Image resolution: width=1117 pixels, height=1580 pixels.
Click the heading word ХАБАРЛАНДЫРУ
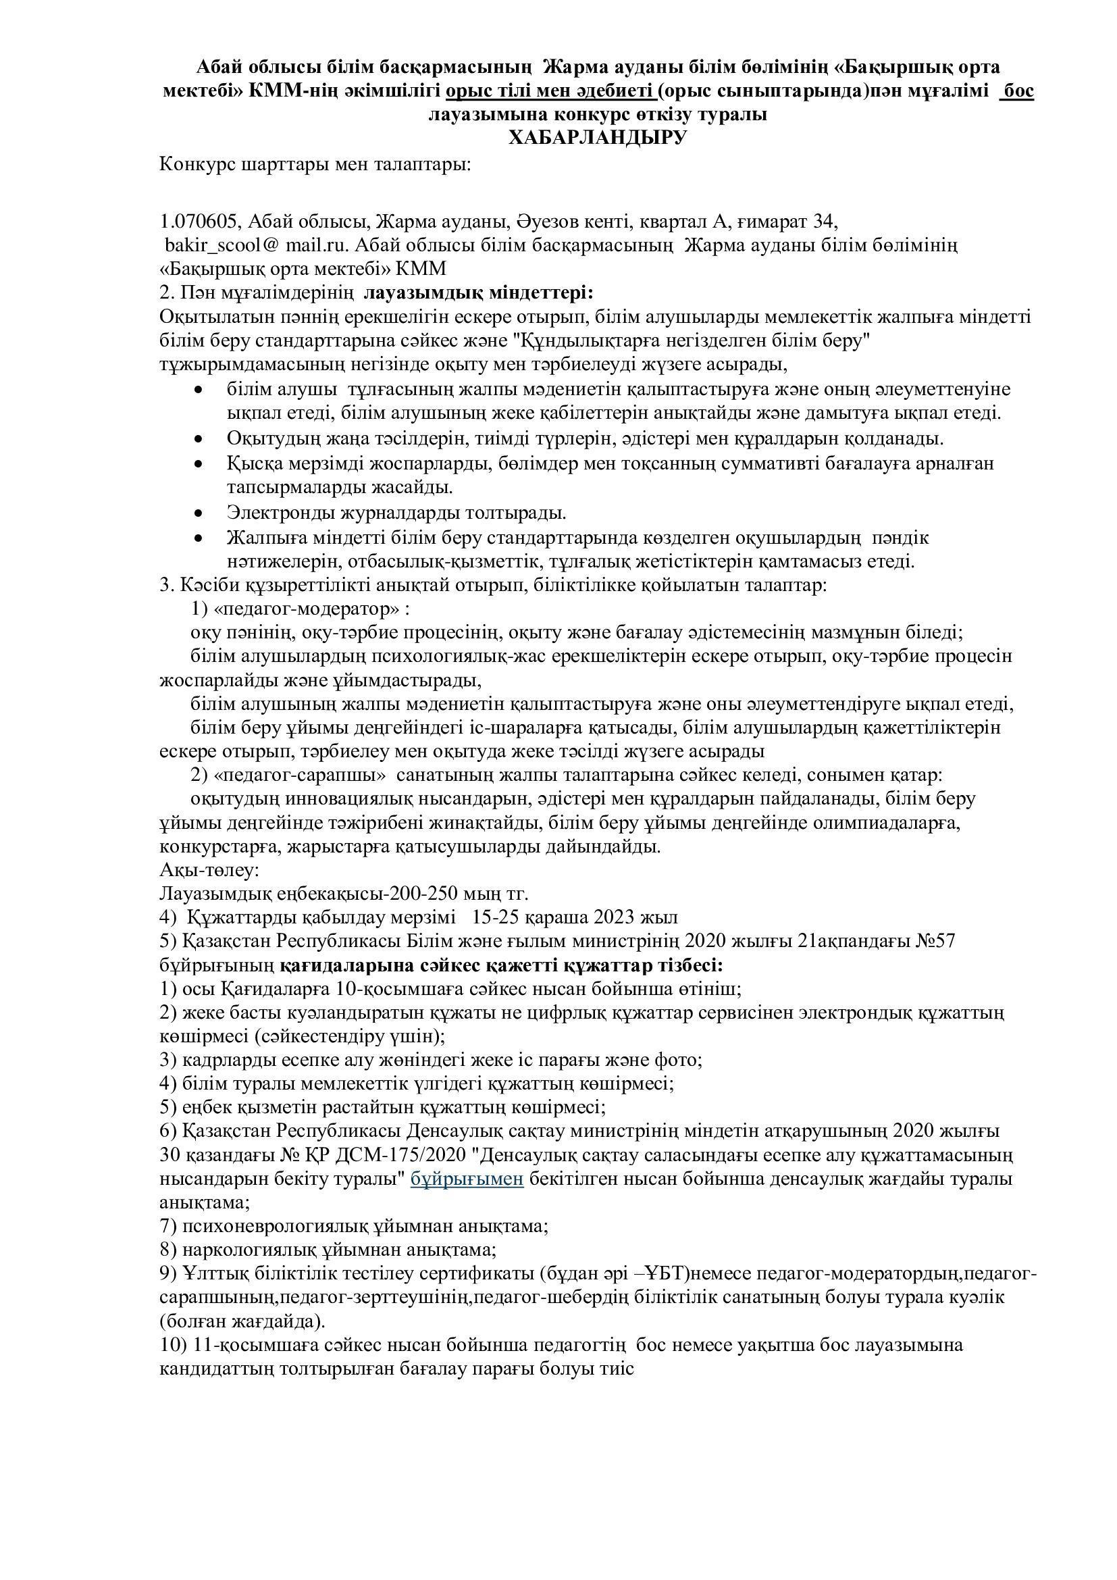pyautogui.click(x=597, y=138)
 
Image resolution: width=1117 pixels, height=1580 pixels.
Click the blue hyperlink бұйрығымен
pyautogui.click(x=467, y=1179)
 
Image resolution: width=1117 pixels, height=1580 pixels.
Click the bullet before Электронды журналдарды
pyautogui.click(x=199, y=513)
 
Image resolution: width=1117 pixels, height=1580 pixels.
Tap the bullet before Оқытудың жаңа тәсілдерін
pyautogui.click(x=199, y=439)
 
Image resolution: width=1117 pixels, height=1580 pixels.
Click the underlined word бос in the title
pyautogui.click(x=1018, y=91)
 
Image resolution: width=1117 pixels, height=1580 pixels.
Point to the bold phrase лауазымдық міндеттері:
pyautogui.click(x=478, y=292)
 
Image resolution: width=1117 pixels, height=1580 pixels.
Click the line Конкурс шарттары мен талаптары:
pyautogui.click(x=315, y=165)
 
